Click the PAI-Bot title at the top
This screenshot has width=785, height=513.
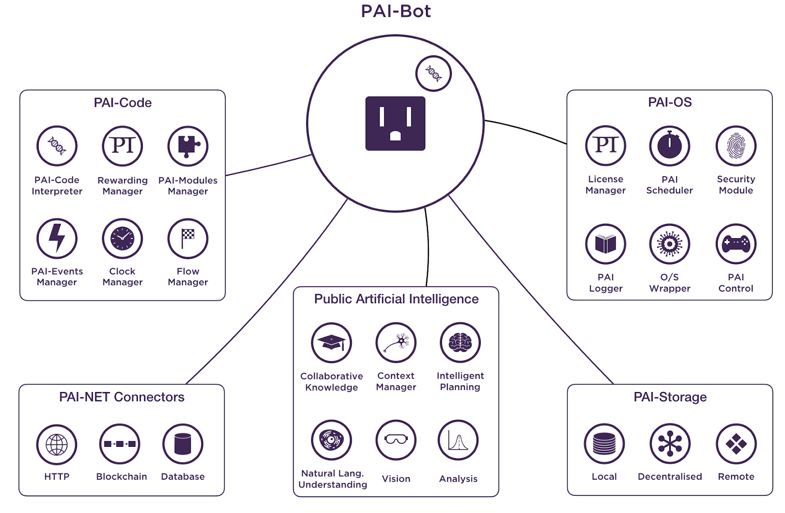[x=395, y=11]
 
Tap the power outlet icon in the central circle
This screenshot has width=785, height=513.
[x=395, y=123]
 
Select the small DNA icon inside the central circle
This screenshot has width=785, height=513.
[x=433, y=73]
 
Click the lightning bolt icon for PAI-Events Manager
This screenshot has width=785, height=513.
[x=57, y=239]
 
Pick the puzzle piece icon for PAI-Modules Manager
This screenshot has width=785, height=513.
[x=188, y=146]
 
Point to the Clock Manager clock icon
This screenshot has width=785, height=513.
[x=122, y=239]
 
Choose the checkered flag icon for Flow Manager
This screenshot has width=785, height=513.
[x=188, y=239]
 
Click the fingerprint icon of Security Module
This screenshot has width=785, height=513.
[x=736, y=146]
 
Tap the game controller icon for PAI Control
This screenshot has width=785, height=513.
[x=736, y=244]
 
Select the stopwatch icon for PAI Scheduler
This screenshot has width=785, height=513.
[x=670, y=146]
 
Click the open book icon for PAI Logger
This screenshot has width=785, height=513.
[x=605, y=244]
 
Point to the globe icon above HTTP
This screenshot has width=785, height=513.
[x=57, y=444]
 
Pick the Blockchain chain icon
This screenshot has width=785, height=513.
[x=120, y=444]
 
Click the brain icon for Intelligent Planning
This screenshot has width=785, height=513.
[x=460, y=342]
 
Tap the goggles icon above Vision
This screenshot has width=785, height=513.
[x=396, y=440]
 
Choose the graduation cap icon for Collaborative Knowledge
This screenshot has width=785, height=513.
[x=332, y=342]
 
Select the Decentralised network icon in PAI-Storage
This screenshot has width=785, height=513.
[x=670, y=444]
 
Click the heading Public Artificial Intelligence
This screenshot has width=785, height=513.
[x=396, y=299]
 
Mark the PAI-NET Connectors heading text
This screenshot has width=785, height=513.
[x=122, y=397]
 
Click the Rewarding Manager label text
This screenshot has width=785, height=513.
[x=123, y=186]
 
